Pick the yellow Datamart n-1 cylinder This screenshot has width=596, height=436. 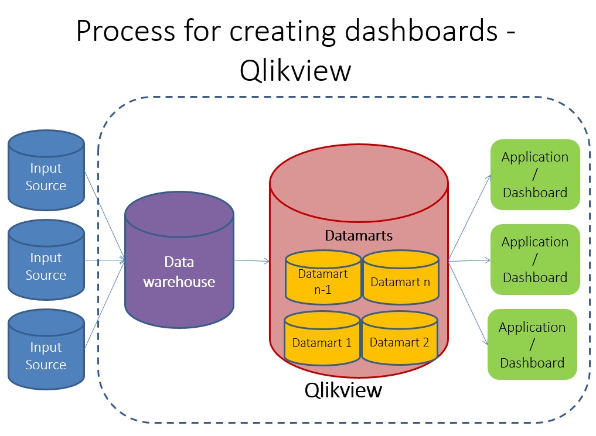click(323, 280)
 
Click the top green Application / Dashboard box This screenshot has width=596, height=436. click(534, 174)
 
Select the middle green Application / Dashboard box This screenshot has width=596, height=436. click(534, 259)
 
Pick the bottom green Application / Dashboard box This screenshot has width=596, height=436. click(532, 344)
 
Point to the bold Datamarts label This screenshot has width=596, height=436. click(359, 236)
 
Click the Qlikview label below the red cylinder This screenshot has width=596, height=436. click(343, 390)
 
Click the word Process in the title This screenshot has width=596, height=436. click(122, 32)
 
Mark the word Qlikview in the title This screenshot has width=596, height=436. click(295, 71)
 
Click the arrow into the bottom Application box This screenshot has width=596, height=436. click(468, 303)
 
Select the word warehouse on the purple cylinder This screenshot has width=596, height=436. click(179, 281)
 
